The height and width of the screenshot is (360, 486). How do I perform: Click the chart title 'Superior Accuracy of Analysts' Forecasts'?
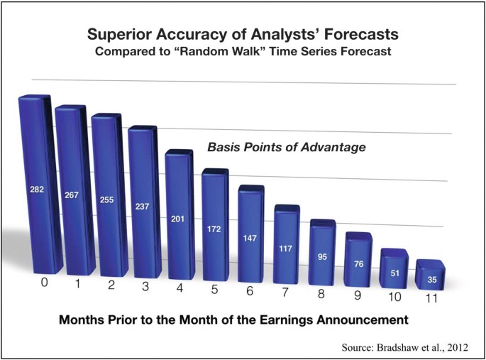[x=243, y=34]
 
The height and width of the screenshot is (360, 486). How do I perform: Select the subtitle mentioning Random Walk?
[x=243, y=51]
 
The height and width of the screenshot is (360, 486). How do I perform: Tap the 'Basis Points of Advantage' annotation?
[x=287, y=147]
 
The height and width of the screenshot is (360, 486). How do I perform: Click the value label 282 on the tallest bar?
[x=37, y=189]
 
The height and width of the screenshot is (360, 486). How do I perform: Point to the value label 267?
[x=72, y=195]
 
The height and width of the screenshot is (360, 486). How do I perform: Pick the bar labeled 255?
[x=110, y=195]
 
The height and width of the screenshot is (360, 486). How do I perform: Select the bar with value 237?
[x=145, y=202]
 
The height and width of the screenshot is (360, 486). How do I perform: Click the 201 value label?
[x=177, y=219]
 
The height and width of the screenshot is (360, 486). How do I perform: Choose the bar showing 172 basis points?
[x=216, y=225]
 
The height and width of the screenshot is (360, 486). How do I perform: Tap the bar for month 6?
[x=251, y=234]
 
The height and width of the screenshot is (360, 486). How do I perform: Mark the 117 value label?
[x=285, y=249]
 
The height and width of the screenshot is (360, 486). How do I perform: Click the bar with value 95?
[x=323, y=252]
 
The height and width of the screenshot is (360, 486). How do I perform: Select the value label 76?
[x=358, y=264]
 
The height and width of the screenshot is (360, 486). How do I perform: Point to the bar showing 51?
[x=394, y=268]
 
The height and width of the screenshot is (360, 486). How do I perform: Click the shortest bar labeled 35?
[x=430, y=275]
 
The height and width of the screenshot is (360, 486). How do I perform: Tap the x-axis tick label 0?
[x=45, y=283]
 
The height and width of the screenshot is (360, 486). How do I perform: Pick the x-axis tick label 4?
[x=180, y=288]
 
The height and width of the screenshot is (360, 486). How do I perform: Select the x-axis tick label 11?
[x=431, y=298]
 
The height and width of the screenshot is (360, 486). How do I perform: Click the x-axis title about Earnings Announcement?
[x=233, y=320]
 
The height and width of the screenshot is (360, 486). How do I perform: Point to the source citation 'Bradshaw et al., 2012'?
[x=422, y=347]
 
